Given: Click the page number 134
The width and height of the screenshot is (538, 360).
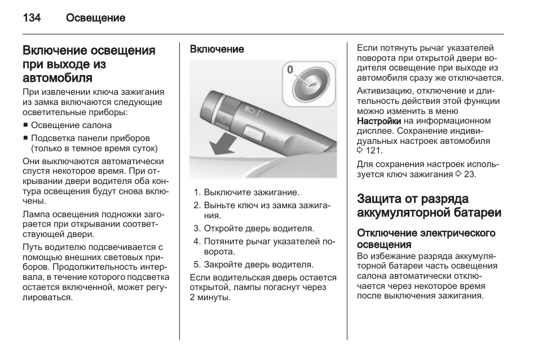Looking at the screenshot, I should (32, 18).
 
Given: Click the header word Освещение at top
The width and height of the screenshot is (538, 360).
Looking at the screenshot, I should (95, 18).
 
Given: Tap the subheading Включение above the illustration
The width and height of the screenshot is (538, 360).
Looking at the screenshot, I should (217, 49).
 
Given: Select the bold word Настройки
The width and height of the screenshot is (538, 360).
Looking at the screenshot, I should (379, 121).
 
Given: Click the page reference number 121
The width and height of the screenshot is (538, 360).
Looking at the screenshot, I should (373, 150).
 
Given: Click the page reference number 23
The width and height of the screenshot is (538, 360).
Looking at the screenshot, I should (470, 174).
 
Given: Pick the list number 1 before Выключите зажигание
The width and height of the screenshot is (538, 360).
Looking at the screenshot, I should (196, 192).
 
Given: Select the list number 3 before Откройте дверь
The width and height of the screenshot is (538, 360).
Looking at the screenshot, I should (196, 229).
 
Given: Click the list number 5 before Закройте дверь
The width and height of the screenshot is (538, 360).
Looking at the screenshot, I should (196, 264).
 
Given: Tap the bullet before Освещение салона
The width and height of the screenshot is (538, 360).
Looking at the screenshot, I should (25, 126).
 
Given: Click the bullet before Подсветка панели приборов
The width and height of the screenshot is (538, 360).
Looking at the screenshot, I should (25, 138).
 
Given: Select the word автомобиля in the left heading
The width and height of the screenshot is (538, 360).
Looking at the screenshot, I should (58, 77).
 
